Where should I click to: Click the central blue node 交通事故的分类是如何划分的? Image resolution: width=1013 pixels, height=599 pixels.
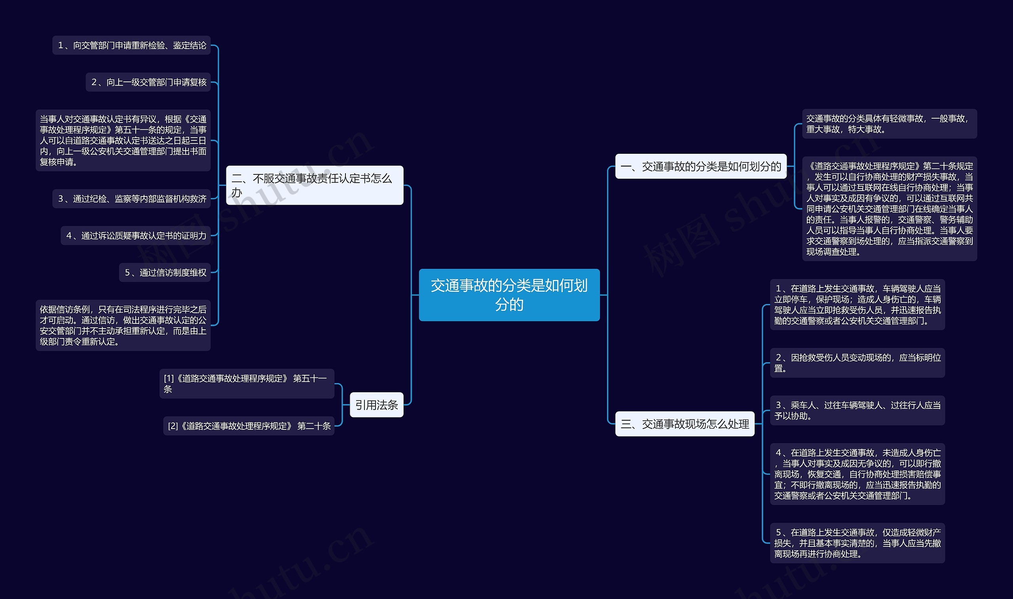tap(509, 295)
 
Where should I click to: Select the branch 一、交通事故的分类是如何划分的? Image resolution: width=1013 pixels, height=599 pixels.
tap(700, 166)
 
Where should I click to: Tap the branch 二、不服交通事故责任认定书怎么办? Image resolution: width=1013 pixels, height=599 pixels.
tap(314, 185)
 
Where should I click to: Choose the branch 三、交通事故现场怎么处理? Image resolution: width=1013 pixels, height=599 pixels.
tap(684, 424)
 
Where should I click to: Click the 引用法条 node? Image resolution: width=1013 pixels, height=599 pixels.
tap(376, 404)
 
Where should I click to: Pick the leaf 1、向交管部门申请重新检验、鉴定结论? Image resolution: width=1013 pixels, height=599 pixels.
tap(131, 45)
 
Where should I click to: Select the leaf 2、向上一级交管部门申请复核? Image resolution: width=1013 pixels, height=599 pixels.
tap(148, 82)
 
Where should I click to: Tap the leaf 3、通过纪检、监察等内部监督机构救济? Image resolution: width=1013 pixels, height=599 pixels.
tap(131, 198)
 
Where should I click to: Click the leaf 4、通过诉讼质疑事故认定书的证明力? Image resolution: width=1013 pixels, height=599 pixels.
tap(135, 236)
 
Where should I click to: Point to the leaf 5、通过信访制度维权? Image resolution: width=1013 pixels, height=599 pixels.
tap(164, 272)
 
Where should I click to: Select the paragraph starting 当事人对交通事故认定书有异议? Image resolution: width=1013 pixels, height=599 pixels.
tap(123, 140)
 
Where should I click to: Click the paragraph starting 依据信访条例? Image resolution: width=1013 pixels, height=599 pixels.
tap(123, 325)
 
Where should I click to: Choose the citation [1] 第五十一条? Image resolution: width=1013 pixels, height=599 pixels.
tap(247, 384)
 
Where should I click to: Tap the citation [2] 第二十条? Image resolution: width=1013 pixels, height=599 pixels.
tap(249, 426)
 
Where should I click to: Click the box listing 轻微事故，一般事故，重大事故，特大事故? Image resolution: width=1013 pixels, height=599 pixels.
tap(889, 124)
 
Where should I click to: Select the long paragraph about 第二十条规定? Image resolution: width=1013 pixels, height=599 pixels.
tap(889, 209)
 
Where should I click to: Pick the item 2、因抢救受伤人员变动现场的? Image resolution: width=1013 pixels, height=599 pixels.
tap(857, 363)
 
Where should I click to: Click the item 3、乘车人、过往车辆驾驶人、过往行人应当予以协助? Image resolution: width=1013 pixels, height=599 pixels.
tap(857, 410)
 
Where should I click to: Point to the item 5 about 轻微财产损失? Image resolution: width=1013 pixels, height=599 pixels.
tap(857, 543)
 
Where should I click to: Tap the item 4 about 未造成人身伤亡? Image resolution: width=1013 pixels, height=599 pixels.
tap(857, 474)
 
